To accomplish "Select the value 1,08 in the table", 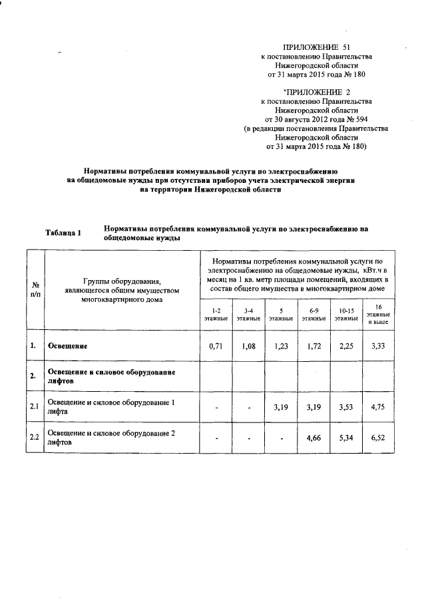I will (248, 347).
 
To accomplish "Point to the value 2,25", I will (346, 347).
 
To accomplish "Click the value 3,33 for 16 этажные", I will (378, 347).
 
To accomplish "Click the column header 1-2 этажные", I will (216, 315).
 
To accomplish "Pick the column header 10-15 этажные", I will (346, 315).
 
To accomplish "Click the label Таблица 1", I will (63, 233).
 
